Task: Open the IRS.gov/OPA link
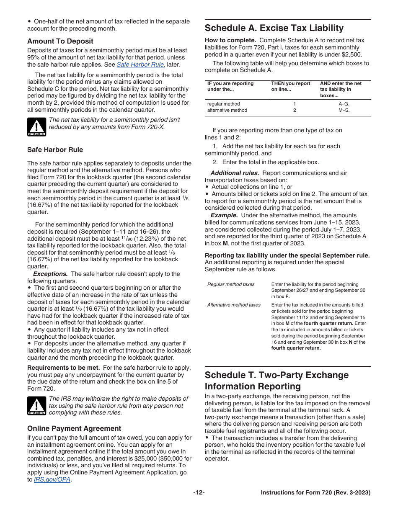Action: pyautogui.click(x=52, y=479)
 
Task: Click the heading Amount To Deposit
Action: pyautogui.click(x=60, y=41)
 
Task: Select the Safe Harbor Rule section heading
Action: pyautogui.click(x=55, y=149)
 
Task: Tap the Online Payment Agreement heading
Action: pyautogui.click(x=74, y=428)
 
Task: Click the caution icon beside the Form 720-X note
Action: pyautogui.click(x=36, y=126)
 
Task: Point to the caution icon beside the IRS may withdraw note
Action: pyautogui.click(x=36, y=406)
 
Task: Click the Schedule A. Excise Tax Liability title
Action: pyautogui.click(x=274, y=28)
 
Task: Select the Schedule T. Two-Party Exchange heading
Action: pyautogui.click(x=277, y=380)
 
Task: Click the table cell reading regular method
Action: pyautogui.click(x=223, y=104)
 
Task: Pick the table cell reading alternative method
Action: pyautogui.click(x=227, y=110)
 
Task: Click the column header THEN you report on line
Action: pyautogui.click(x=290, y=86)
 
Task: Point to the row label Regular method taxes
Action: pyautogui.click(x=231, y=284)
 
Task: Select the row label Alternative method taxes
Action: pyautogui.click(x=234, y=305)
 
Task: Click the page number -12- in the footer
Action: pyautogui.click(x=199, y=493)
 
